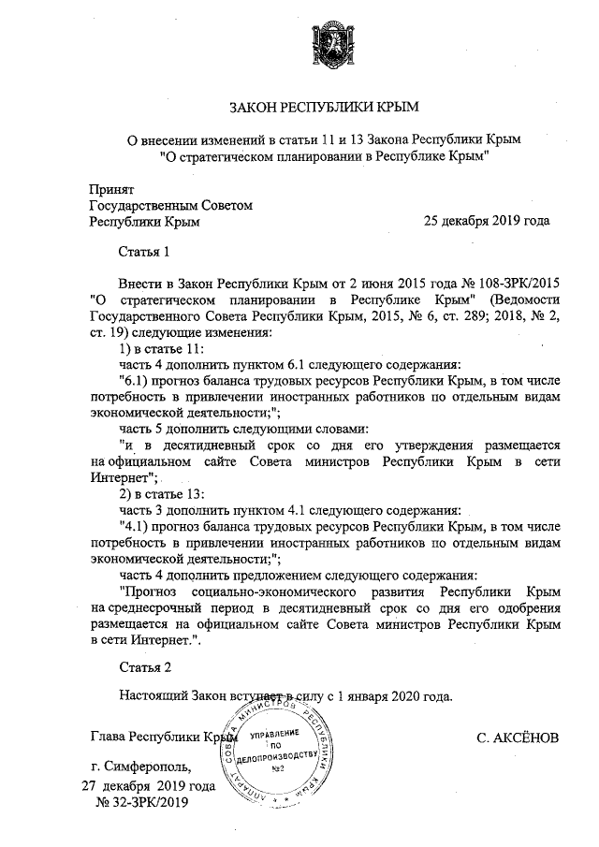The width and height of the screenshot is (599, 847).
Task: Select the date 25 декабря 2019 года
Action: [487, 222]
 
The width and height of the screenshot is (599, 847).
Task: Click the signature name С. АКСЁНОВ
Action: [518, 738]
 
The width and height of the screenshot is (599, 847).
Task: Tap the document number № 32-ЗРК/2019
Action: [141, 801]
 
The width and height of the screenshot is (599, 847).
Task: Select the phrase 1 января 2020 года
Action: [393, 696]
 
